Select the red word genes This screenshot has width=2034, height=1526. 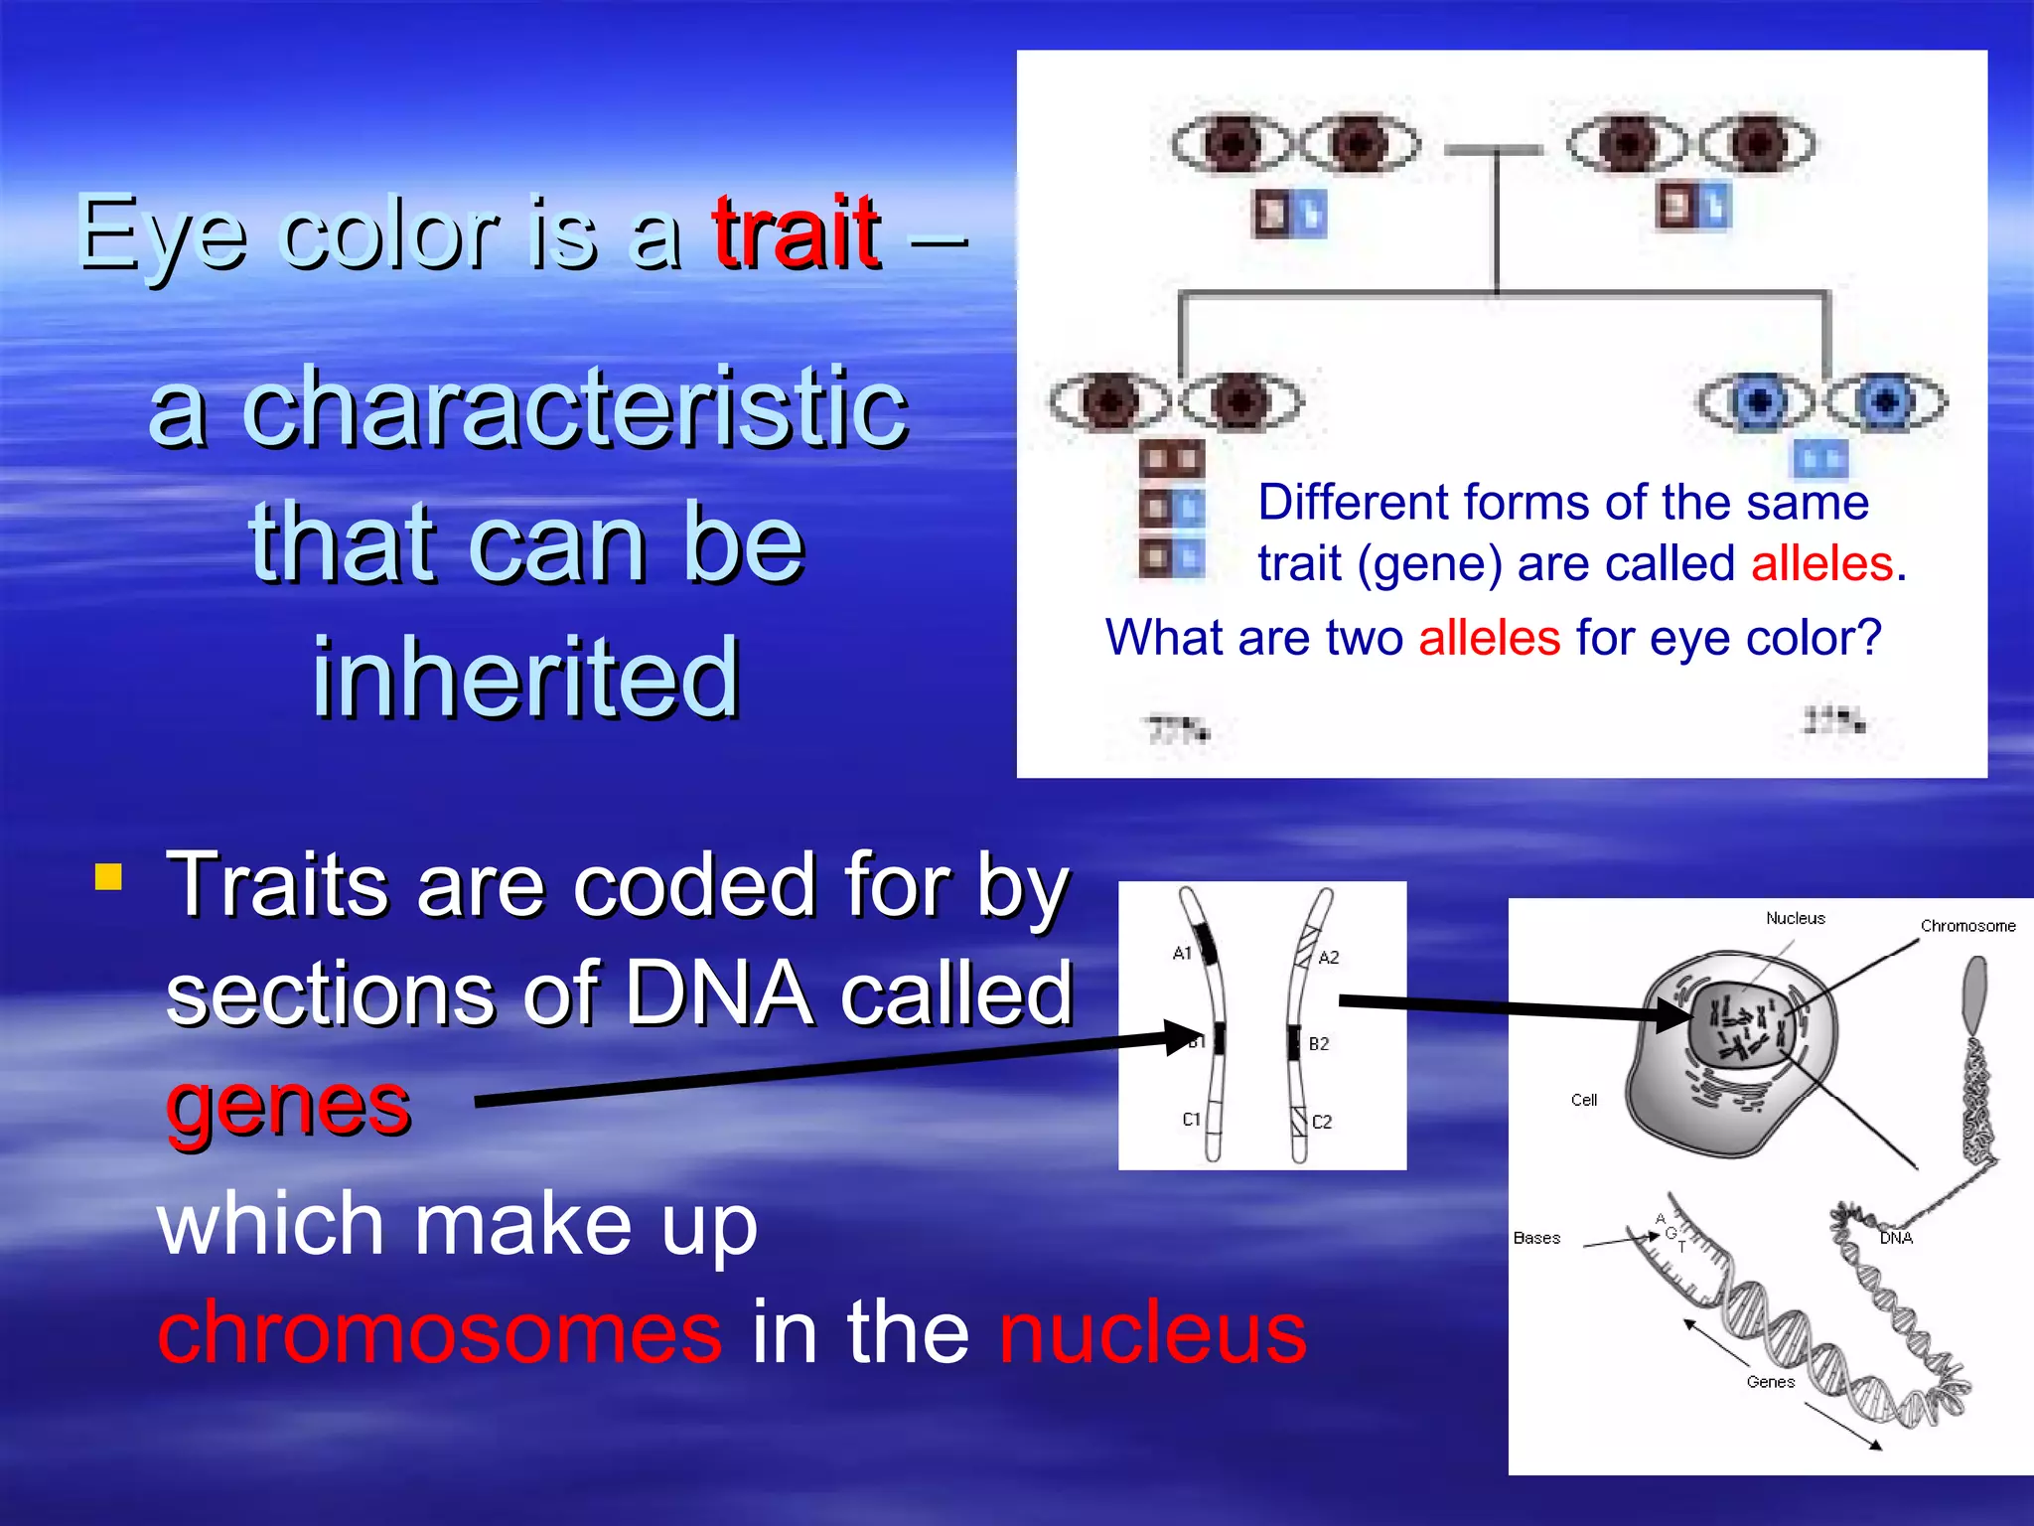[288, 1105]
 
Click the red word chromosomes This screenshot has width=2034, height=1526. [440, 1331]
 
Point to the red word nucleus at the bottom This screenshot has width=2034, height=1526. [1152, 1331]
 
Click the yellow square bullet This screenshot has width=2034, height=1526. [108, 876]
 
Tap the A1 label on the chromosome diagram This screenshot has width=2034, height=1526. [1181, 953]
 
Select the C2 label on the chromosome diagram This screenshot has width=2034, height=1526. [1321, 1122]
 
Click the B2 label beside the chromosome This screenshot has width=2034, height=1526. [1318, 1043]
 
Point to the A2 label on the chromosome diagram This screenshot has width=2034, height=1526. [1328, 957]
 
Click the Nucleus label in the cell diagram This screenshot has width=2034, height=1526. [1795, 918]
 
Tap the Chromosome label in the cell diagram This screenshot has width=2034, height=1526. [1966, 926]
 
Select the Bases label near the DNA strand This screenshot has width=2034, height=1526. [1535, 1238]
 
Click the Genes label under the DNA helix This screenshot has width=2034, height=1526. [1770, 1382]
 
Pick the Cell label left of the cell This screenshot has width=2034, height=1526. [1583, 1100]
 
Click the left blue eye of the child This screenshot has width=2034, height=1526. [1756, 401]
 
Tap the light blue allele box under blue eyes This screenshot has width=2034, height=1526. [1819, 459]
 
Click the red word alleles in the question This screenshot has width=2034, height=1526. [1489, 637]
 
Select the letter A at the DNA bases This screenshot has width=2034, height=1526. [1660, 1219]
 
